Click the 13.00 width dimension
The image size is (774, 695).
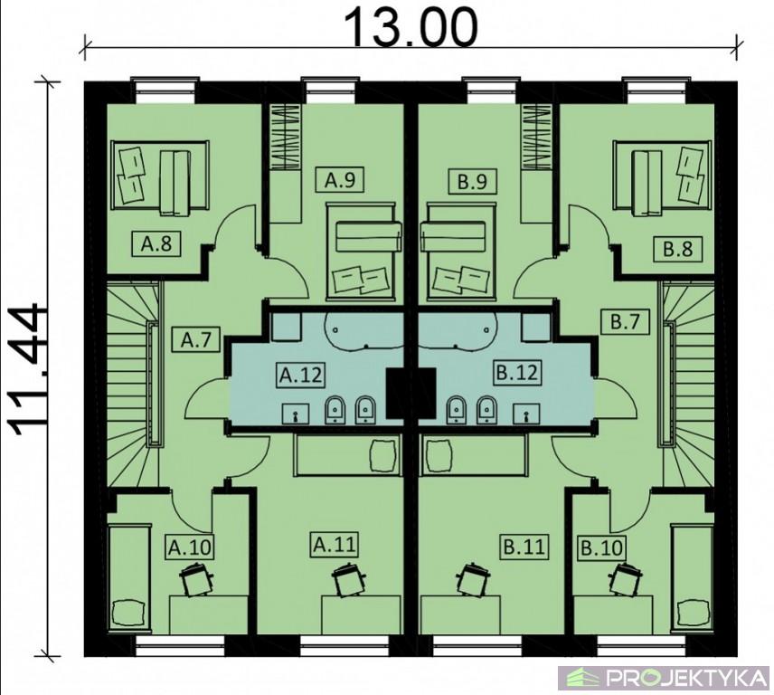[x=411, y=27]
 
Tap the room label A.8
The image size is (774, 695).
[x=156, y=243]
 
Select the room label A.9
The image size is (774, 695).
[x=340, y=180]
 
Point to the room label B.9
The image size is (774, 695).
[x=472, y=181]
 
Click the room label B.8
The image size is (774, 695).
[x=678, y=249]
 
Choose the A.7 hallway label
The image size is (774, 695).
[x=196, y=340]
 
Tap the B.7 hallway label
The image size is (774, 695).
[x=626, y=322]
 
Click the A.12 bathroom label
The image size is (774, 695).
[x=300, y=375]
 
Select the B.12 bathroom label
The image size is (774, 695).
[x=516, y=372]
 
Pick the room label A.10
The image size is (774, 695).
[x=190, y=547]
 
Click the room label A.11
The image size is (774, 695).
[x=335, y=545]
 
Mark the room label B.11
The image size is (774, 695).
[x=524, y=547]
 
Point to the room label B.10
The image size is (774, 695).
[x=601, y=548]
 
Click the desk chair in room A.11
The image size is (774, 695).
[x=349, y=579]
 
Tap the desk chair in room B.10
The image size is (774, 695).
[x=626, y=578]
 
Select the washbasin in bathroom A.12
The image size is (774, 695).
[x=295, y=414]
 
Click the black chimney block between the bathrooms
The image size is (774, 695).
[x=411, y=394]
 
